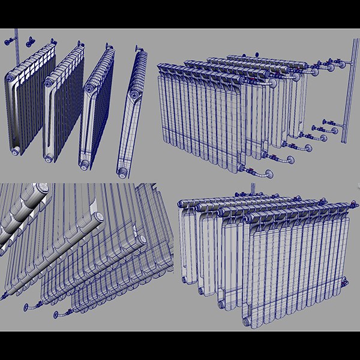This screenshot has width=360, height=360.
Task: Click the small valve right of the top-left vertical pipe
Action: point(29,41)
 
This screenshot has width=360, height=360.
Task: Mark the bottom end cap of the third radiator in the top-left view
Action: point(86,163)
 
